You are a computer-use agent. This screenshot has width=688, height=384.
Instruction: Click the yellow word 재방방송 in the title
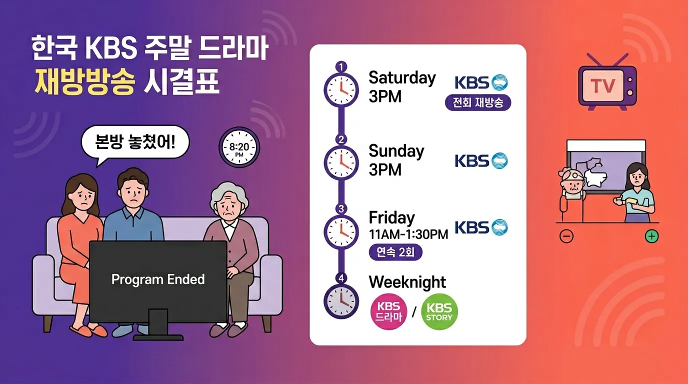(x=84, y=82)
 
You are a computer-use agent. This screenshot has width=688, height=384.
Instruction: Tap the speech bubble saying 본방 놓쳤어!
(x=135, y=141)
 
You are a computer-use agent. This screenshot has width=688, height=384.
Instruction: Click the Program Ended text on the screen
(x=158, y=279)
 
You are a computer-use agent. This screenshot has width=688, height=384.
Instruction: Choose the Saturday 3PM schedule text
(x=402, y=87)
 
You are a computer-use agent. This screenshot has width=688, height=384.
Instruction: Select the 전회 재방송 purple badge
(x=478, y=102)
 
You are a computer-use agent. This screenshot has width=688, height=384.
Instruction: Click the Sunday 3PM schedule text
(x=396, y=160)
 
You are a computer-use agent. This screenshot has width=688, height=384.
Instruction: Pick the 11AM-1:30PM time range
(x=408, y=234)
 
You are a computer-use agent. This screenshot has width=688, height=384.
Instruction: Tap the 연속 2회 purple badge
(x=395, y=252)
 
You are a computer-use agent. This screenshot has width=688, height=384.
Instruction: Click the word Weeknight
(x=407, y=282)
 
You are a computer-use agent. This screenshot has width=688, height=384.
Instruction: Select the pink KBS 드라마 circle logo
(x=388, y=313)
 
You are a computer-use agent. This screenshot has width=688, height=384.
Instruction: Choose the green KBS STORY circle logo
(x=439, y=313)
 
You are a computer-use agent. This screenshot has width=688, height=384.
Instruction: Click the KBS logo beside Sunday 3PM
(x=480, y=160)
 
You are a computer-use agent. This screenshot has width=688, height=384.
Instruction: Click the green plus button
(x=651, y=236)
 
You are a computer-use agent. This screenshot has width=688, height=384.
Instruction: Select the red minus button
(x=566, y=236)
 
